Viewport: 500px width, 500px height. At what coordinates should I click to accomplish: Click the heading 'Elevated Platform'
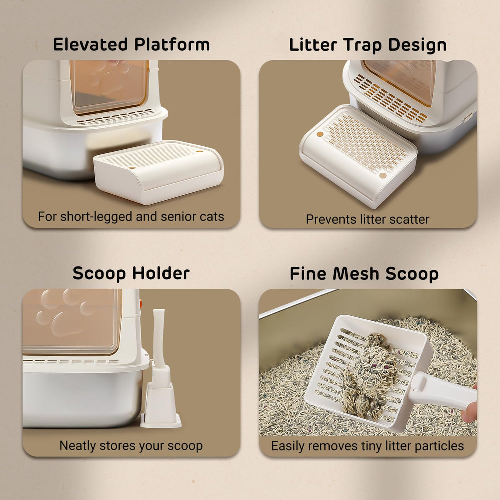click(x=131, y=45)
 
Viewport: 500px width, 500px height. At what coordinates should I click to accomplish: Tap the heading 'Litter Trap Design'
click(x=368, y=45)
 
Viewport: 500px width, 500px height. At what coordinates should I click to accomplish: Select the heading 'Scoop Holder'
click(x=131, y=273)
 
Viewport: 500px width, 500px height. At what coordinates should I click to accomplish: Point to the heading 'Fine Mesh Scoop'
click(x=364, y=274)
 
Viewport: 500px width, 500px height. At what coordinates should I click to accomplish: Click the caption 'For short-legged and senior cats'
click(x=131, y=217)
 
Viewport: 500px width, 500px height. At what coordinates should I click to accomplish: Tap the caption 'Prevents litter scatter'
click(x=368, y=219)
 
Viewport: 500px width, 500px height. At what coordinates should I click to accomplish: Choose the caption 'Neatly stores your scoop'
click(x=131, y=446)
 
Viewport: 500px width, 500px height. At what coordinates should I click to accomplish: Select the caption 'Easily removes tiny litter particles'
click(x=368, y=446)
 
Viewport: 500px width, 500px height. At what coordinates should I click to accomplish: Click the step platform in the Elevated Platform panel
click(x=159, y=172)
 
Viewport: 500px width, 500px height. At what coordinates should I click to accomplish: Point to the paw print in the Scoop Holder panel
click(x=65, y=312)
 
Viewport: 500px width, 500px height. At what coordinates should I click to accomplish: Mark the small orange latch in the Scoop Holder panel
click(x=141, y=302)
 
